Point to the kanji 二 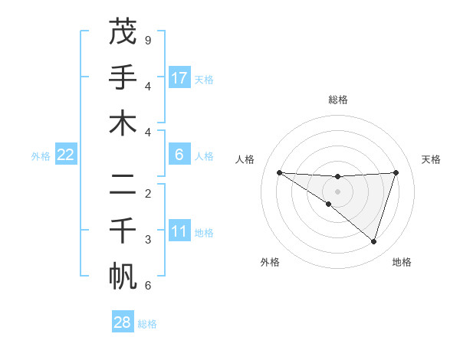123,184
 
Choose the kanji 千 123,230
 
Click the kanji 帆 123,276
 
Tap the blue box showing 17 179,77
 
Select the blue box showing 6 179,155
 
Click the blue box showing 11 179,231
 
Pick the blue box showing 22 66,155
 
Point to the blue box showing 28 123,322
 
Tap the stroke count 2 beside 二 148,193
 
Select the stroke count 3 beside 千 148,240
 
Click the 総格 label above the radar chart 337,100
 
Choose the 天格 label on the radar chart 431,159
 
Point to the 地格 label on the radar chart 402,262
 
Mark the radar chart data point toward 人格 279,172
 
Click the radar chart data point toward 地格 374,241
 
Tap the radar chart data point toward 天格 396,172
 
